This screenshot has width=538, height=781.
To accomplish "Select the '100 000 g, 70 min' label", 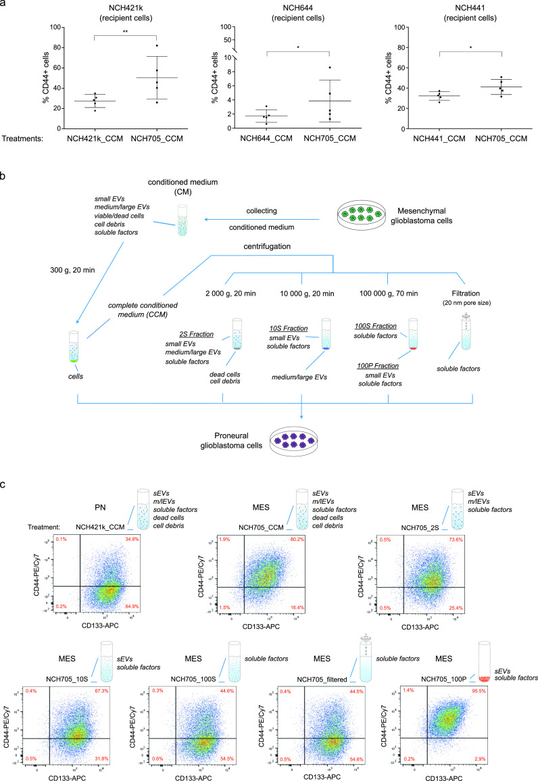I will pos(387,274).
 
